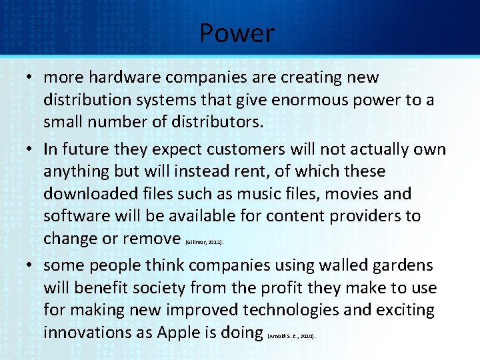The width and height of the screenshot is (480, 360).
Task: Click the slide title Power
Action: pos(237,33)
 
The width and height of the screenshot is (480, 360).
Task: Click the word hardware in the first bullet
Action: pos(127,77)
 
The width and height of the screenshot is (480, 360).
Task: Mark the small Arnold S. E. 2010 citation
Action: pos(291,337)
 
